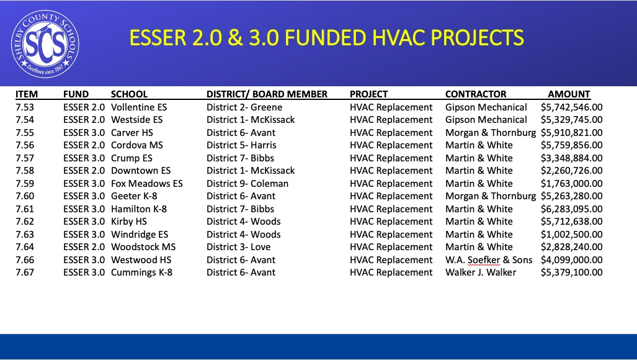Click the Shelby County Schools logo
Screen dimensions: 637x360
click(45, 44)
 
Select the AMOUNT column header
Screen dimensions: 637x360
click(569, 94)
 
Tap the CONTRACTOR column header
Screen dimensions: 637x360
click(476, 94)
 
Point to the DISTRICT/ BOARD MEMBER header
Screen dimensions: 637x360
click(267, 94)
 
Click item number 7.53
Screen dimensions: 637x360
click(25, 107)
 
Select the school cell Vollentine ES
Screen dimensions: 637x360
click(139, 107)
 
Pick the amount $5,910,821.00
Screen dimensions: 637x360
click(572, 133)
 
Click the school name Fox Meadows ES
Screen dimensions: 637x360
click(147, 184)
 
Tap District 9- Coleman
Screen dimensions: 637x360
click(247, 184)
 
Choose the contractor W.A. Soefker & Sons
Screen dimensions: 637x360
click(489, 260)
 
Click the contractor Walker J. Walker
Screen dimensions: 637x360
click(481, 272)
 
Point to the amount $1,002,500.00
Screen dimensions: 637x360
click(572, 235)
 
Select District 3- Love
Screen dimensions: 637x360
click(238, 247)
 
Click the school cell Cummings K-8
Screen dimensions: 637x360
click(142, 272)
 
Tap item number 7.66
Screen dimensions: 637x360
click(25, 260)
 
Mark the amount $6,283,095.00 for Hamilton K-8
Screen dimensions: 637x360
click(572, 209)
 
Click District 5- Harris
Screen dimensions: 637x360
click(241, 145)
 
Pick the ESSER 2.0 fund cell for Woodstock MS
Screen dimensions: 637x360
click(84, 247)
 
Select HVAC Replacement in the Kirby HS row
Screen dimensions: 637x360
click(391, 222)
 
